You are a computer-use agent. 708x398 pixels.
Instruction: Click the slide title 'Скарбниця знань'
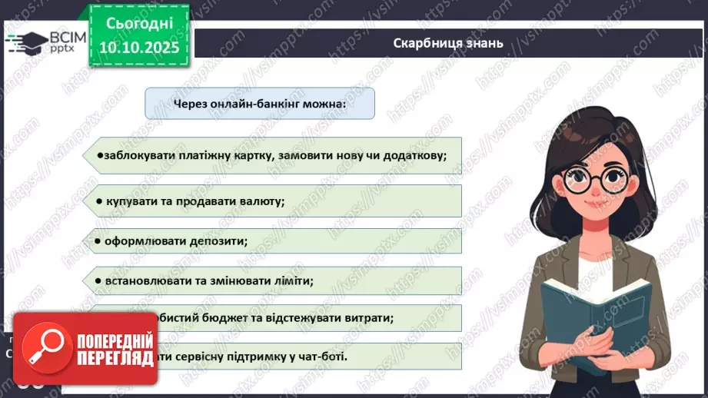(x=447, y=43)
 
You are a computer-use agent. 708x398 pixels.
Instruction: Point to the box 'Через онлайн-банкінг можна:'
(x=260, y=103)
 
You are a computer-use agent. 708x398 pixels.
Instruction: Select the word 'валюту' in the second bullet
(x=262, y=201)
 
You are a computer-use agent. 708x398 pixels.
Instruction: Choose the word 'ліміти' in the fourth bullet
(x=295, y=280)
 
